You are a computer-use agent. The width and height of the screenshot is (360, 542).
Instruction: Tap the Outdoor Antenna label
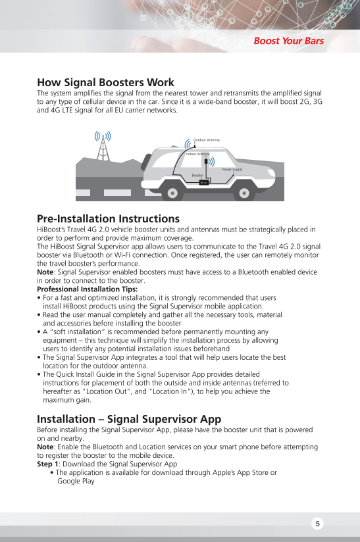click(x=206, y=140)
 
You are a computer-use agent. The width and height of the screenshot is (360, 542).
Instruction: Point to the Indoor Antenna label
click(x=197, y=153)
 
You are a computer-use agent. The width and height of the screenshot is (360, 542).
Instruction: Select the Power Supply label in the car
click(x=232, y=170)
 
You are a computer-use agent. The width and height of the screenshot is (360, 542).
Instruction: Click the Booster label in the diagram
click(x=197, y=176)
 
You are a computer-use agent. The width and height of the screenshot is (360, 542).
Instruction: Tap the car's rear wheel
click(x=173, y=193)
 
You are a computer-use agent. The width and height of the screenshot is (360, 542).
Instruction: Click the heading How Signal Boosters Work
click(x=105, y=82)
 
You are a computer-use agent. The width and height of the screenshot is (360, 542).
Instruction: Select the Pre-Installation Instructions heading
click(x=108, y=218)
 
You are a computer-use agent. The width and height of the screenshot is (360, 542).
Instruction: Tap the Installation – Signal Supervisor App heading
click(x=129, y=419)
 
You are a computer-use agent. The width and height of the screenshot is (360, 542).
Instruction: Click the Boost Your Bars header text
click(x=289, y=41)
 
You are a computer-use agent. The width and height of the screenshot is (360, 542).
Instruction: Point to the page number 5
click(x=317, y=524)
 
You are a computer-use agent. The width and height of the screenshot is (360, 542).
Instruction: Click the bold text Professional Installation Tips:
click(x=87, y=289)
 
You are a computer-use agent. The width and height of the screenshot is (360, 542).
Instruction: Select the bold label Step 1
click(x=48, y=464)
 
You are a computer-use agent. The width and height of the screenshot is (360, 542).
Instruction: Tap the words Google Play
click(x=76, y=481)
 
